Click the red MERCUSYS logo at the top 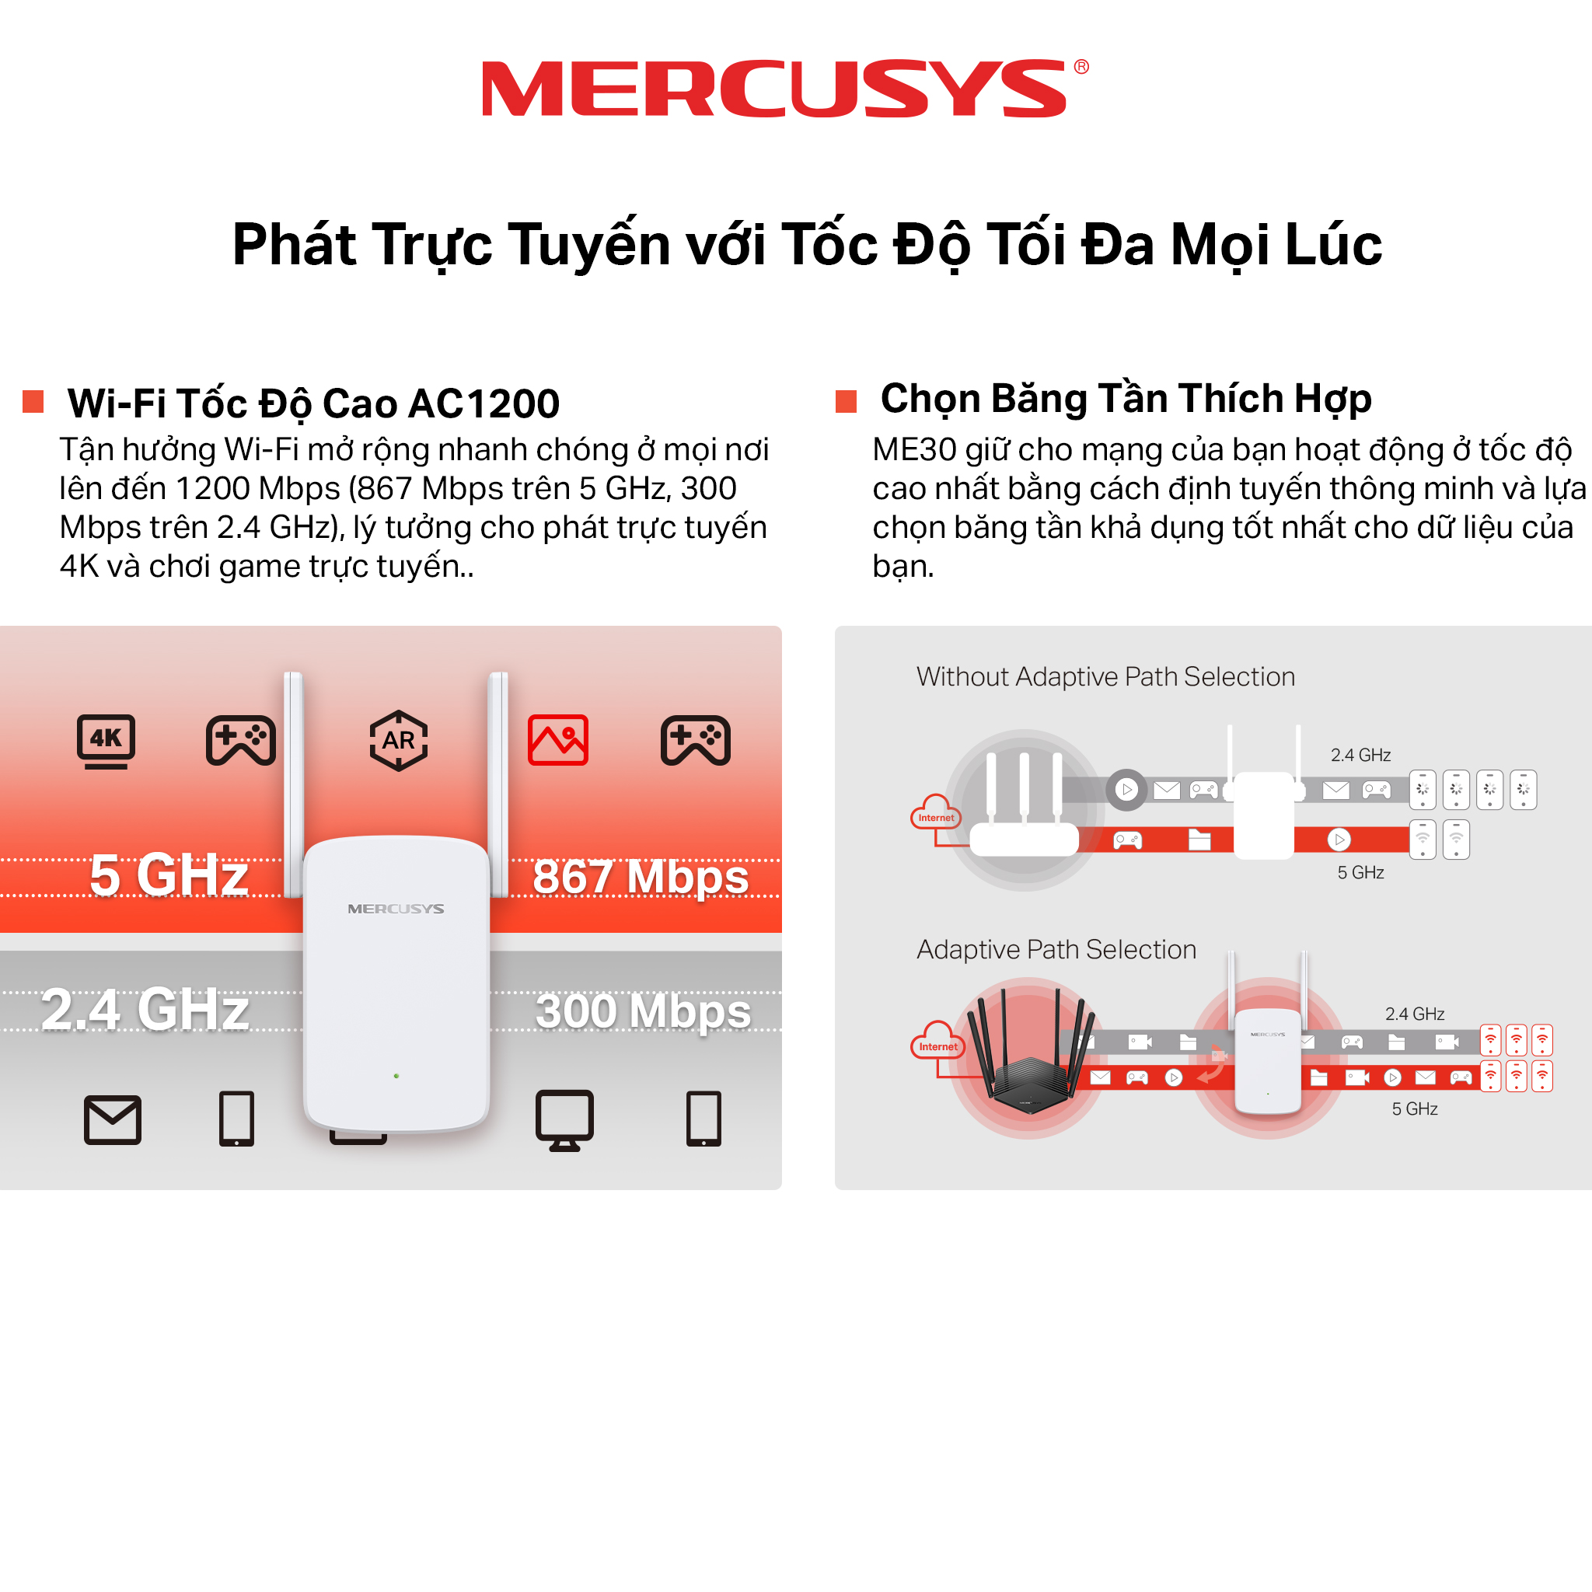point(784,88)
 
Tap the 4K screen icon point(106,741)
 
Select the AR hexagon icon point(399,740)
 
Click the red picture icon point(558,740)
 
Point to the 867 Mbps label point(641,876)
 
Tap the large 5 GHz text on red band point(169,875)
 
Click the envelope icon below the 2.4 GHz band point(113,1120)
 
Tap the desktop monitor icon point(564,1120)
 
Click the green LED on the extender point(396,1076)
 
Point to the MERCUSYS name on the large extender point(396,909)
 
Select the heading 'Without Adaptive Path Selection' point(1106,676)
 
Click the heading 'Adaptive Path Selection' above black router point(1056,949)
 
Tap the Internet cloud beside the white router point(936,812)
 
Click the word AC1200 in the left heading point(484,403)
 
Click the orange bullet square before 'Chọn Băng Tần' point(847,401)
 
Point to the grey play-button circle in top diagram point(1126,790)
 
